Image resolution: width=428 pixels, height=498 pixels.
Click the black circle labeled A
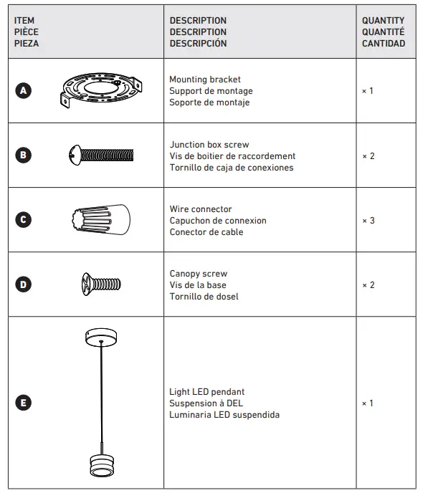23,91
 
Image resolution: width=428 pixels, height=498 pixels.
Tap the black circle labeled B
23,155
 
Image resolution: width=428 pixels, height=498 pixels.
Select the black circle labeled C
23,220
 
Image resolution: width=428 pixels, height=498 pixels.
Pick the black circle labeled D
23,284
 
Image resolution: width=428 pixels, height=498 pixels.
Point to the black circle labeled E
23,403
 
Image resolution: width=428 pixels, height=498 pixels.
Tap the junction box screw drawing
101,154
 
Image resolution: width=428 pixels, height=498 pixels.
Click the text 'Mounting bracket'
205,80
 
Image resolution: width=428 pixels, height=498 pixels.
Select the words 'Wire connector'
201,209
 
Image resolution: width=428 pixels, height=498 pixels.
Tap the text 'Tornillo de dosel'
204,297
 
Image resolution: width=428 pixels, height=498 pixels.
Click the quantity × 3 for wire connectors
368,221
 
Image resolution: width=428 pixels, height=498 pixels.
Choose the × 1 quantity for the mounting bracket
368,91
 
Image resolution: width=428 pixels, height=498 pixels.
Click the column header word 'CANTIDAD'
384,43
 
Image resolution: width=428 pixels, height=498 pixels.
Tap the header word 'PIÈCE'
27,32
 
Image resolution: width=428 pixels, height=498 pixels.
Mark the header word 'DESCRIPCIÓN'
198,43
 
